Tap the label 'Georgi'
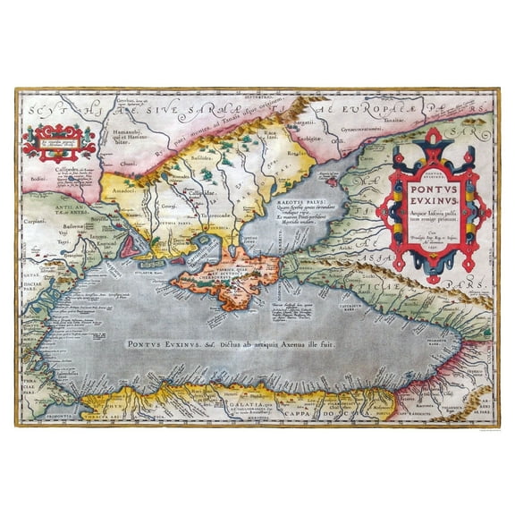(x=168, y=205)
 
